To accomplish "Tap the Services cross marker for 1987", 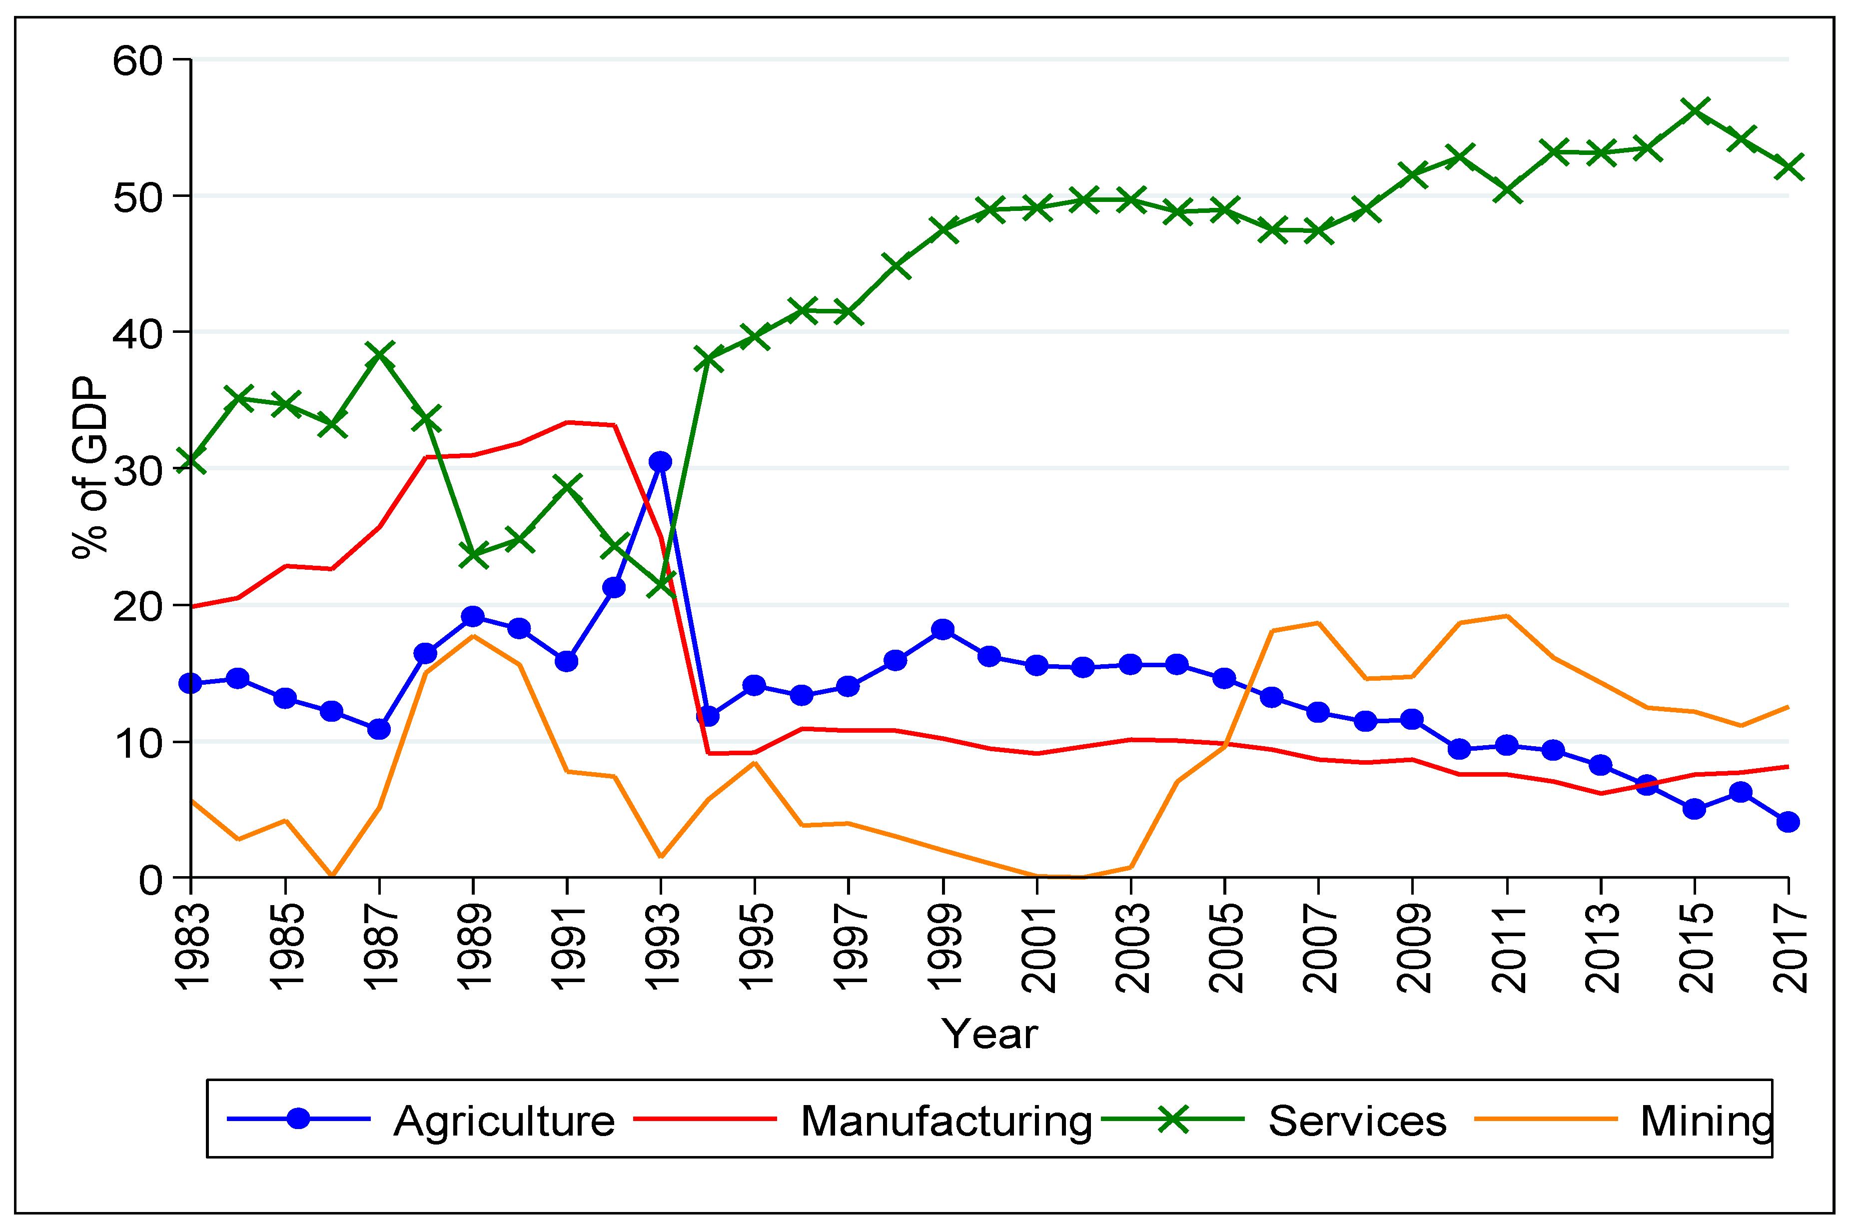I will [x=379, y=355].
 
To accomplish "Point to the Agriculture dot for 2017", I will [x=1788, y=822].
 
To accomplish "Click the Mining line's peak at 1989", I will [x=473, y=635].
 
